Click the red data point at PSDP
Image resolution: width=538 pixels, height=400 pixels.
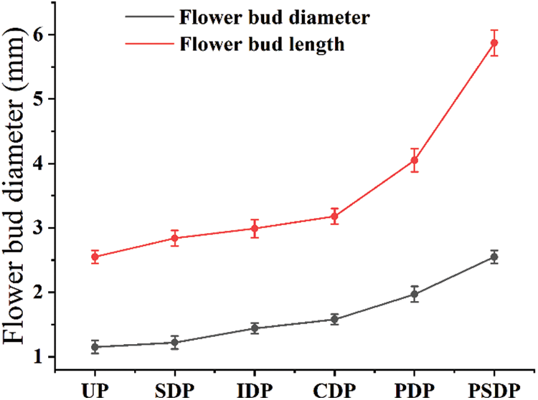494,43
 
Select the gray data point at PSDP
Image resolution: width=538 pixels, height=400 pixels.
494,257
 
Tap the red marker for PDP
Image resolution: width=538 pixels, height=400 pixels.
415,160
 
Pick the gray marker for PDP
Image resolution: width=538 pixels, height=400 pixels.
415,294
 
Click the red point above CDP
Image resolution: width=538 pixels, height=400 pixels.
334,216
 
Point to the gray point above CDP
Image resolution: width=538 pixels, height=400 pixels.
334,319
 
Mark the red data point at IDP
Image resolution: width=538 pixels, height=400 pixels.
255,229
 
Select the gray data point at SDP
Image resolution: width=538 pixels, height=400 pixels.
174,342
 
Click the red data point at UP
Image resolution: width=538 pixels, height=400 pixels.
95,257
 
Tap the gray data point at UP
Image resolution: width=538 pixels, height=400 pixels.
95,347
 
